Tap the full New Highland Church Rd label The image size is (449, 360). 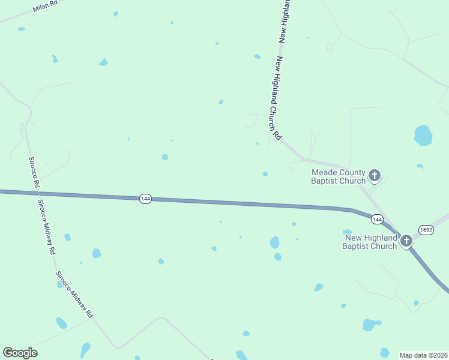(x=278, y=98)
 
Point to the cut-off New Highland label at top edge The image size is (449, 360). (x=285, y=21)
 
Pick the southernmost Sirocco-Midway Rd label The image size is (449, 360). (x=75, y=294)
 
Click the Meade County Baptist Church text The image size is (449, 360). (x=338, y=176)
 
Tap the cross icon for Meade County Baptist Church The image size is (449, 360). (x=375, y=176)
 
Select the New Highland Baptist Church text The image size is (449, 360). (x=370, y=242)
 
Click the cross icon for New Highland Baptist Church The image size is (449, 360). (x=406, y=241)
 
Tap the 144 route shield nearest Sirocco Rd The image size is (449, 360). (x=145, y=199)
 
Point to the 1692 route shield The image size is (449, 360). (x=426, y=230)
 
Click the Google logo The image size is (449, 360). (x=20, y=353)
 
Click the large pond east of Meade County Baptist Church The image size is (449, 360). (x=423, y=136)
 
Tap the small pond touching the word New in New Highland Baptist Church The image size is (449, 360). (x=347, y=232)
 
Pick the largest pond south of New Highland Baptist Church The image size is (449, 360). (x=371, y=325)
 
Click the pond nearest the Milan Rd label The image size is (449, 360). (x=22, y=29)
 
